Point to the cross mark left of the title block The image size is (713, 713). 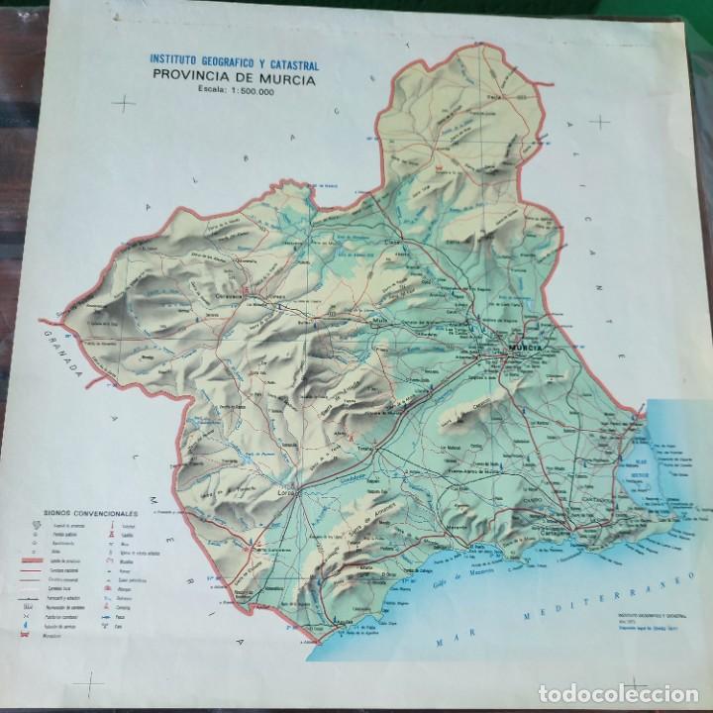click(125, 102)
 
